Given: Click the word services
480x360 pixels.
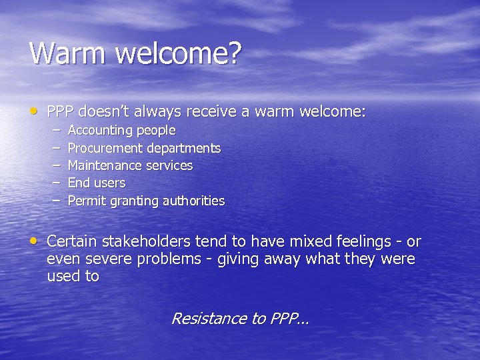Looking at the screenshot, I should tap(171, 165).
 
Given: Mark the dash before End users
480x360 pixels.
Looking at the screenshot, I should tap(57, 183).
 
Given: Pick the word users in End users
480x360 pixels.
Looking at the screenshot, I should tap(109, 183).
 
